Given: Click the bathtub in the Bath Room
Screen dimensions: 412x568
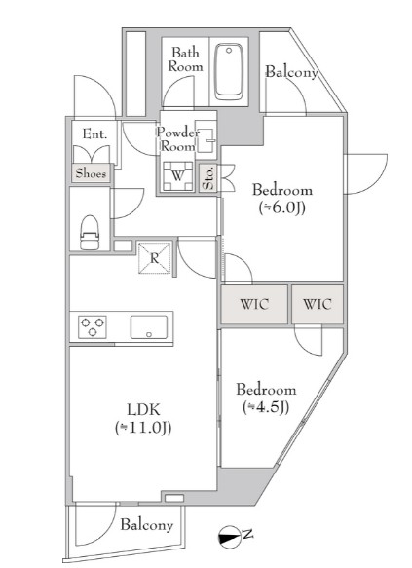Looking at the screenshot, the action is (x=228, y=72).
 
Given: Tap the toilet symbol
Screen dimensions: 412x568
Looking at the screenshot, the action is (x=90, y=232).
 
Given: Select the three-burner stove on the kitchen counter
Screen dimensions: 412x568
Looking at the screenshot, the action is (x=93, y=326).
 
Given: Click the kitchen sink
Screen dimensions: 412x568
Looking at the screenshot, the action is (x=149, y=327).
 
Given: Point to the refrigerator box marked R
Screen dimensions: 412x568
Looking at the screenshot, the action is (x=155, y=257).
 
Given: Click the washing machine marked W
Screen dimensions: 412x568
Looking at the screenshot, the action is (x=177, y=176).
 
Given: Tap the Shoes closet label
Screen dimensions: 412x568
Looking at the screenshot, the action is (x=92, y=173).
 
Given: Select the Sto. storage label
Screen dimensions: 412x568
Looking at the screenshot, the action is (x=208, y=178).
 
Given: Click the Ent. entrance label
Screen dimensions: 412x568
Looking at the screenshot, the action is (x=94, y=134).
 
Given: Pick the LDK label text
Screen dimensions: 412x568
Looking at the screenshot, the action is (x=143, y=410).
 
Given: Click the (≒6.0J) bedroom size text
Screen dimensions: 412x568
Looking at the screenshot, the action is (x=282, y=208).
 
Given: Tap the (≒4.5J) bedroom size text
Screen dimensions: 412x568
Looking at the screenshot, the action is (x=266, y=407).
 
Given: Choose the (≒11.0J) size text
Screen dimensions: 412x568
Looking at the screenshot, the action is (x=143, y=428).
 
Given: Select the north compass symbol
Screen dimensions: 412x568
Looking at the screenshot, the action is (x=230, y=536).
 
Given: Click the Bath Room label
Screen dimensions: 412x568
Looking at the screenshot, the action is (x=185, y=59).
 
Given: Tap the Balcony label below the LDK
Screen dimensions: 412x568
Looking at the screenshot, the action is (x=147, y=525).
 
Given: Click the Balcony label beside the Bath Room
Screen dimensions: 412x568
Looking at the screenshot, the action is (x=292, y=72).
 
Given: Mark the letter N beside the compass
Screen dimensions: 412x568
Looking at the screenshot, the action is (x=247, y=534).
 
